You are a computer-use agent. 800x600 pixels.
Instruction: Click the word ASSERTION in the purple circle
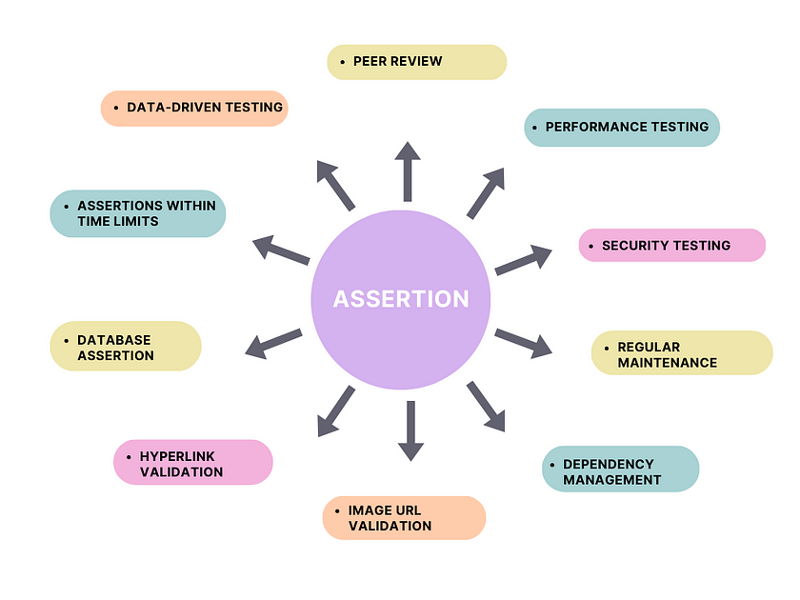click(x=401, y=299)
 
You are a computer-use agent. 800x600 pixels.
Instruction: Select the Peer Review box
click(x=417, y=62)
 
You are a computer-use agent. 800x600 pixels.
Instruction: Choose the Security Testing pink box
click(x=672, y=245)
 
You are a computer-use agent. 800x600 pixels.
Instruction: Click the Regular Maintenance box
click(x=682, y=353)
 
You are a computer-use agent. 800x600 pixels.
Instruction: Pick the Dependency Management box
click(x=620, y=470)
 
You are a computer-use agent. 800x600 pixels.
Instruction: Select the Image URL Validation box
click(x=404, y=517)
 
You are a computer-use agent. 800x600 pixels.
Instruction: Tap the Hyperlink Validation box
click(x=192, y=462)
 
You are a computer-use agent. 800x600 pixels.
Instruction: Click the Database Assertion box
click(x=126, y=346)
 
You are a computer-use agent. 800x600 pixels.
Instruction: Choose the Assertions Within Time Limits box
click(x=138, y=213)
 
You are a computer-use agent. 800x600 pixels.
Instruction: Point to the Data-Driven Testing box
click(x=194, y=108)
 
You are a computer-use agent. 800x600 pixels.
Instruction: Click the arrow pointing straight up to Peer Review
click(x=408, y=171)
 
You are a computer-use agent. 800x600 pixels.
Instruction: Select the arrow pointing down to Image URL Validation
click(x=410, y=430)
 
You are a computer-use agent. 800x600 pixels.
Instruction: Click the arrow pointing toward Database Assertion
click(x=274, y=343)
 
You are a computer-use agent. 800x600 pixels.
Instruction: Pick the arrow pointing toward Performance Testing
click(x=485, y=193)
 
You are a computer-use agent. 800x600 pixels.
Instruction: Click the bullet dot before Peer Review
click(x=342, y=62)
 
